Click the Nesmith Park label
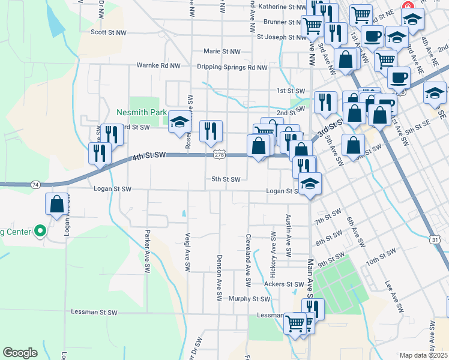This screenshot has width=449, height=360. (141, 112)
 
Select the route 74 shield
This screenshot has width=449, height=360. (36, 185)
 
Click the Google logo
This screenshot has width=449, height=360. (20, 353)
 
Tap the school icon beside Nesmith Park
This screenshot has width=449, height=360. (179, 122)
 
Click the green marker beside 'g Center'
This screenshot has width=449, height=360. (40, 230)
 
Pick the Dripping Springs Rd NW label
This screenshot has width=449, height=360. (232, 67)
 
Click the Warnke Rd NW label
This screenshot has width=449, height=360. (158, 65)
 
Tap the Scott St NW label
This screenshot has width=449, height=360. (109, 32)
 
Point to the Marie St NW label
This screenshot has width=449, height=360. (221, 52)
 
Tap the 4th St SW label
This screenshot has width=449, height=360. (148, 155)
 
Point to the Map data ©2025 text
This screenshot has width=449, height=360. (424, 355)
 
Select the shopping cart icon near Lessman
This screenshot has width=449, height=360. (295, 323)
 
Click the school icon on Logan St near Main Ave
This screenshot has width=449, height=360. (310, 184)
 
